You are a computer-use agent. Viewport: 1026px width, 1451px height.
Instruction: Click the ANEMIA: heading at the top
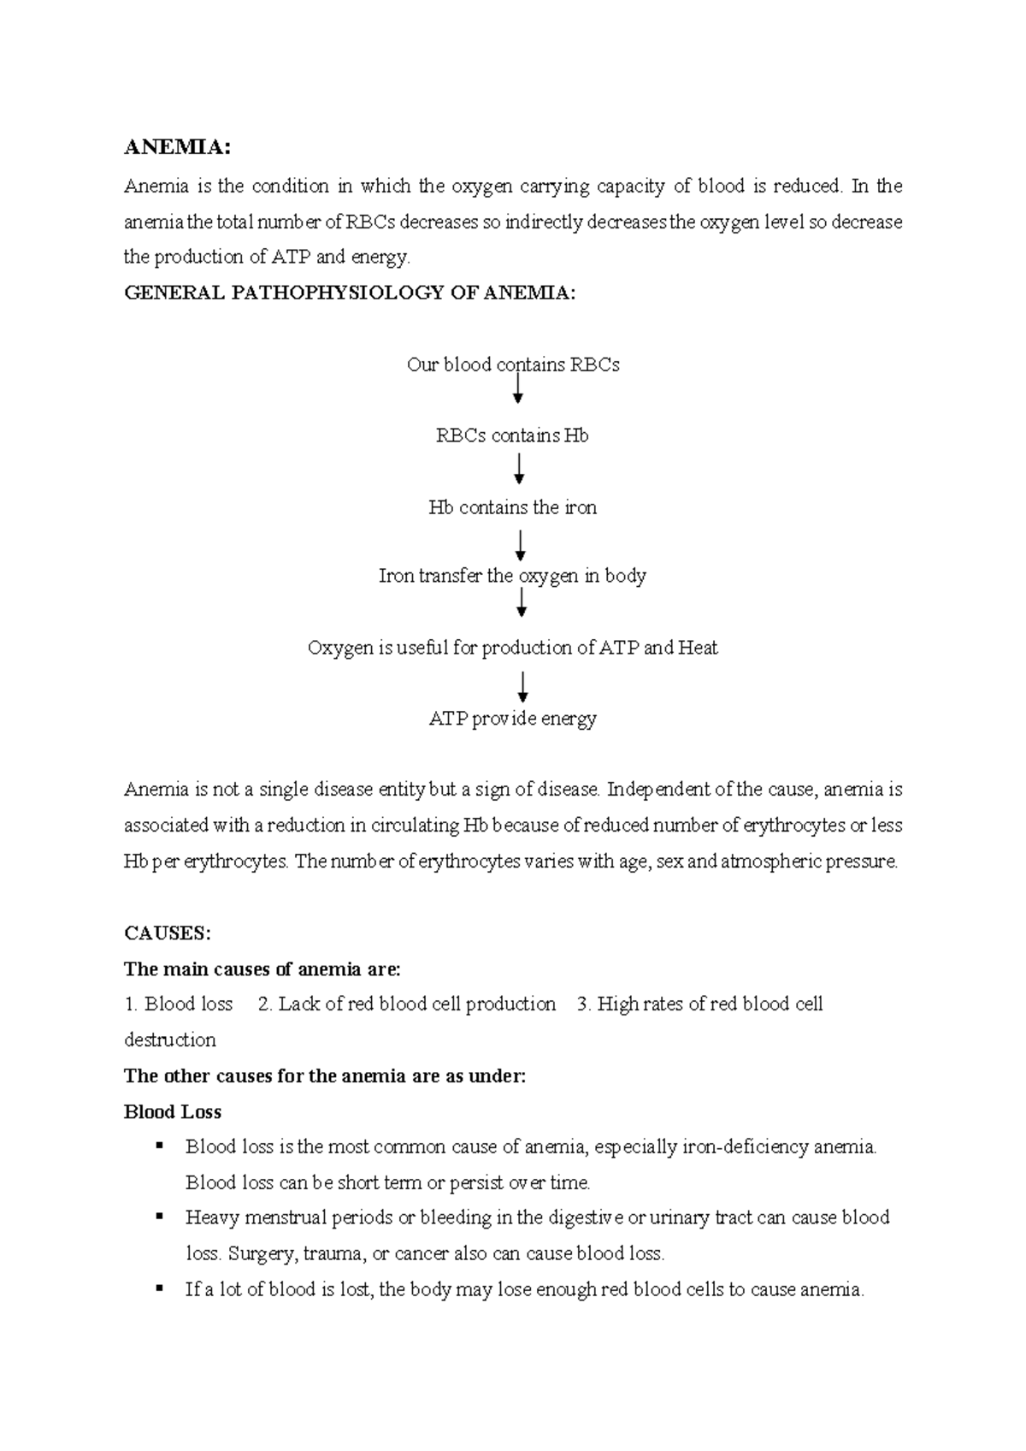177,147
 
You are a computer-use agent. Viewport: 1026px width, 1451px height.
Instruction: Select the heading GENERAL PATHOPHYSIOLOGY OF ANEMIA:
350,293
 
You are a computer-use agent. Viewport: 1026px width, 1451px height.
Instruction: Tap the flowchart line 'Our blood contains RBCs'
513,364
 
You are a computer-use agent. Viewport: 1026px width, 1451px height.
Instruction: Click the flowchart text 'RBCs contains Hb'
512,435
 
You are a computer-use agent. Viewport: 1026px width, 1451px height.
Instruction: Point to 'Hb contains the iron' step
512,507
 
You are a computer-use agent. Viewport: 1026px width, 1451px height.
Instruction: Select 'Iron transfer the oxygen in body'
512,576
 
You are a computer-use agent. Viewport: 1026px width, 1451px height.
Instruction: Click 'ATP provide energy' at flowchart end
512,719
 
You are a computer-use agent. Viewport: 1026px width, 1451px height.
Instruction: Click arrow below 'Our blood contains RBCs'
517,392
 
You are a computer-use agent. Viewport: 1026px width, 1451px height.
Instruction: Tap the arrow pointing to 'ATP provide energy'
522,687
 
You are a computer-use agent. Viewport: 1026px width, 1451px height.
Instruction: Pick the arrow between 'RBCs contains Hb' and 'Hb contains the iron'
518,469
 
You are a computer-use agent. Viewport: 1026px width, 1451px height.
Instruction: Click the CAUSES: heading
167,933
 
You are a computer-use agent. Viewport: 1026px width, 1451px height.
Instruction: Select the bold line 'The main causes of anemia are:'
262,968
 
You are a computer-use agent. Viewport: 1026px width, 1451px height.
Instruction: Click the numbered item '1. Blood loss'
179,1004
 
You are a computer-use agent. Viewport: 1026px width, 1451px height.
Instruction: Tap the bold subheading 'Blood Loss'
173,1111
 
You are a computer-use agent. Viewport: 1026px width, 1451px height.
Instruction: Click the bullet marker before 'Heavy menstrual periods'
159,1216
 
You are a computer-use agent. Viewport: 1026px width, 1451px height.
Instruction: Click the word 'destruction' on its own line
169,1039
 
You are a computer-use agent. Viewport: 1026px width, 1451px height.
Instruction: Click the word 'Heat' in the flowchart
698,648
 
